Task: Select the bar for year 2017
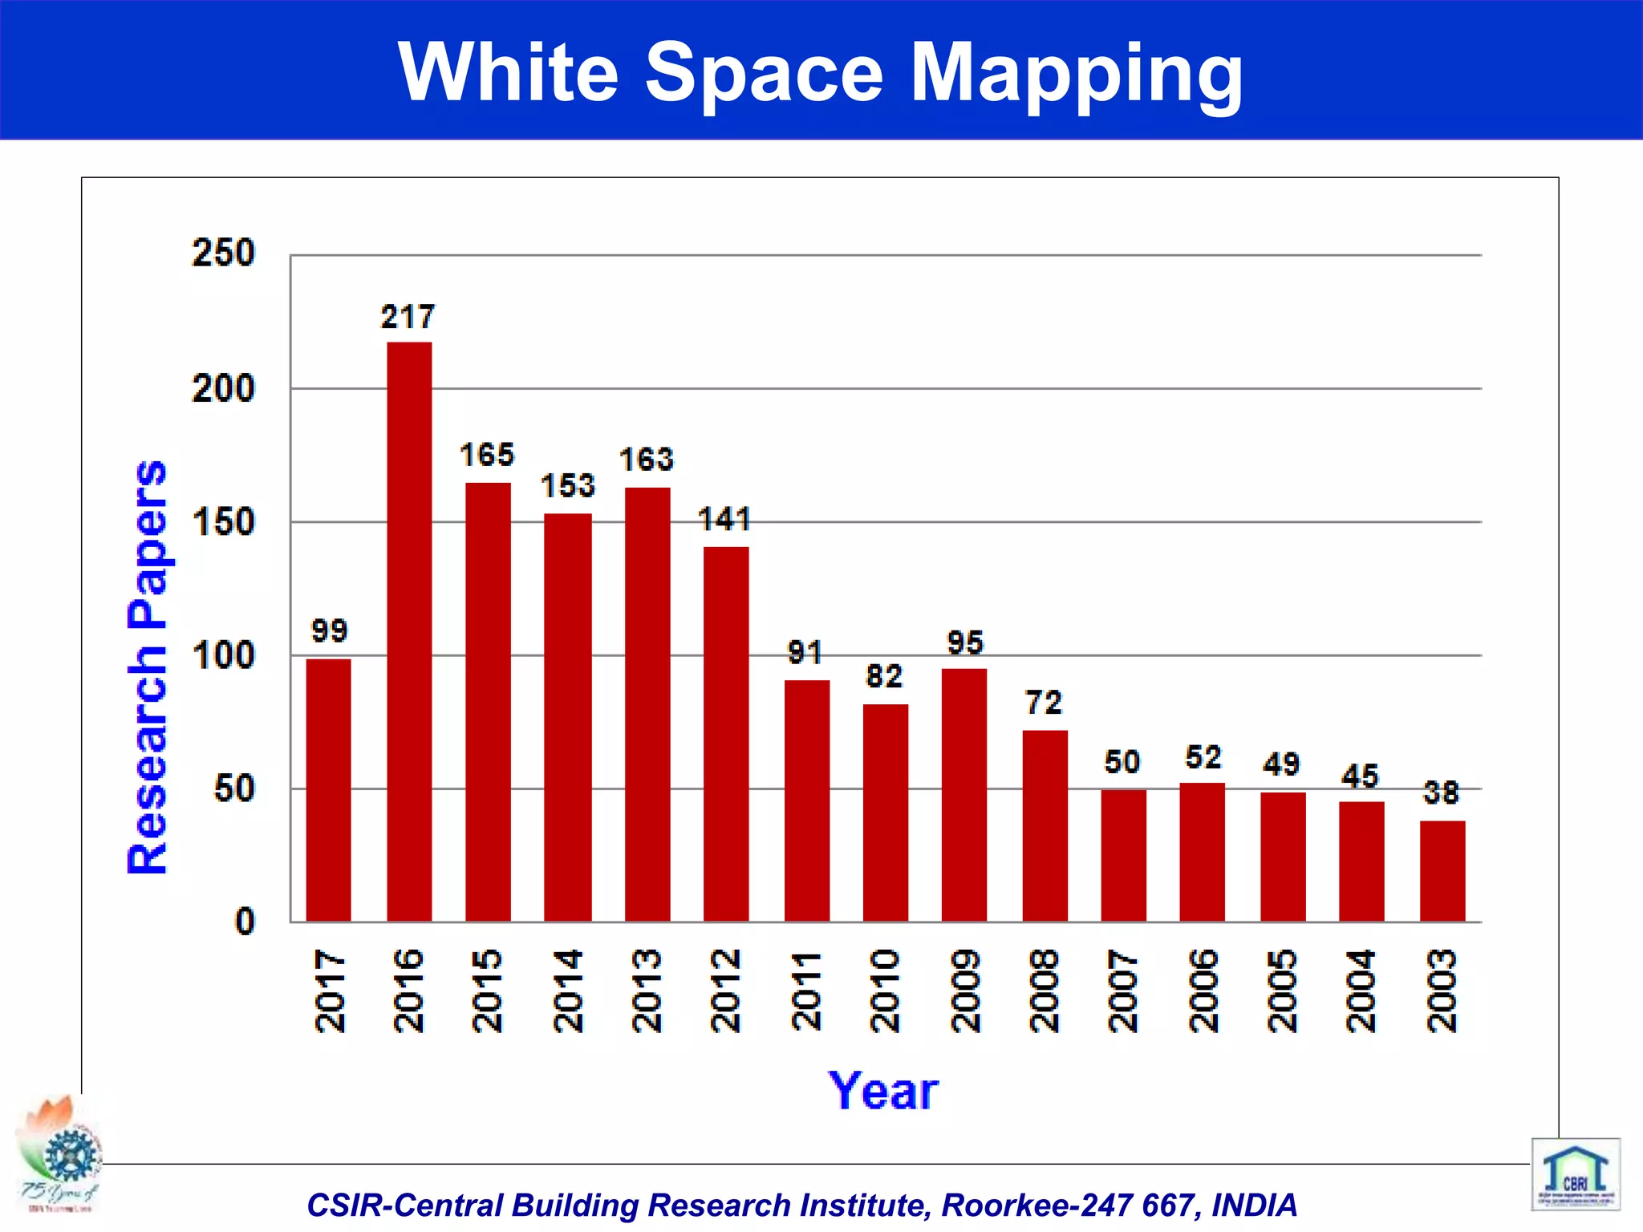point(328,790)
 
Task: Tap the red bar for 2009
point(964,795)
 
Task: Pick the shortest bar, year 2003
point(1442,871)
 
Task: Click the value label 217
point(408,317)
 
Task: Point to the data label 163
point(647,460)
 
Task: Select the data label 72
point(1044,703)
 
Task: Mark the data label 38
point(1441,792)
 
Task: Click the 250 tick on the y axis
point(223,253)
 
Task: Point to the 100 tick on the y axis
point(223,656)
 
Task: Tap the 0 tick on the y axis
point(244,922)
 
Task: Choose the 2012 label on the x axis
point(726,991)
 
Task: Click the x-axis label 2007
point(1123,991)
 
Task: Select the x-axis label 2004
point(1361,991)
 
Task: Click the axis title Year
point(883,1091)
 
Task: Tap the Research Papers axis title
point(148,667)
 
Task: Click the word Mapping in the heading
point(1076,74)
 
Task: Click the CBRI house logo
point(1575,1174)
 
